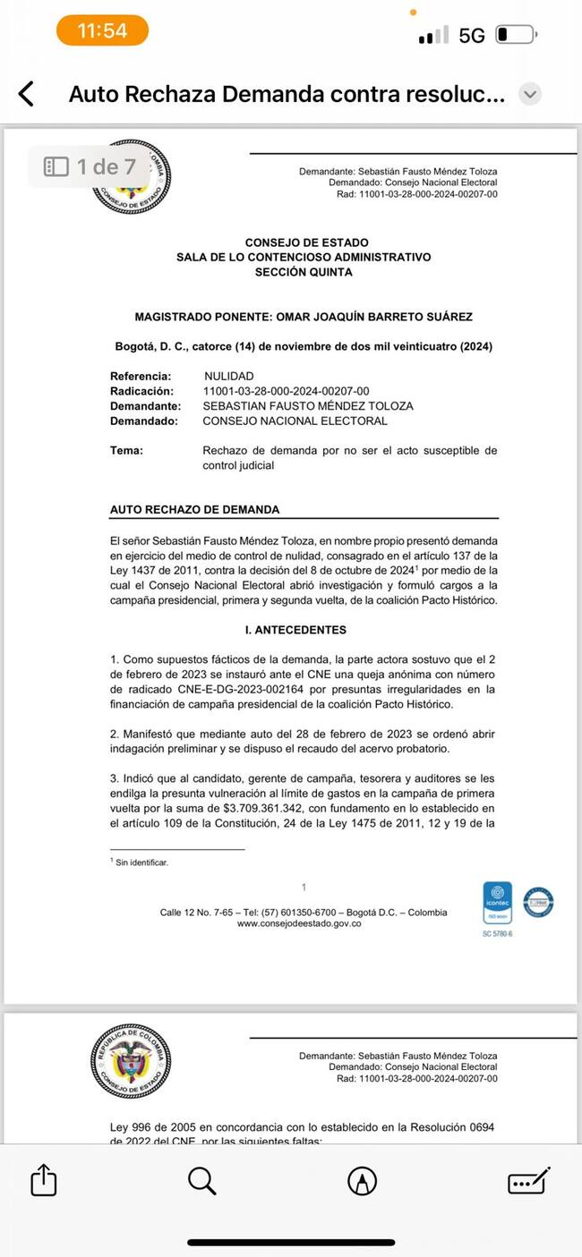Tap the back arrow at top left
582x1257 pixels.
27,94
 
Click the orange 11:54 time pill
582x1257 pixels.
102,30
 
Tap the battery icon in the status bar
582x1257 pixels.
515,35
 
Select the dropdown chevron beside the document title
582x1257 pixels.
530,94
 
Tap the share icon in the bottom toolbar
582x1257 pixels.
44,1181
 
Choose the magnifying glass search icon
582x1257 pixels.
202,1181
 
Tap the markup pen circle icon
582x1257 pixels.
362,1181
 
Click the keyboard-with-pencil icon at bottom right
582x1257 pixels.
528,1181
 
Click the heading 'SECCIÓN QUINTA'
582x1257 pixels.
304,272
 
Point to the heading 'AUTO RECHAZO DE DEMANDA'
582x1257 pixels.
194,509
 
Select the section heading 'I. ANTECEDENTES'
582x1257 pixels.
301,630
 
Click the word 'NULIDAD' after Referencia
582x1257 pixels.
228,377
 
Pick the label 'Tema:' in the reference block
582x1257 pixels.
126,451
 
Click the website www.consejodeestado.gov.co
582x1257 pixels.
299,923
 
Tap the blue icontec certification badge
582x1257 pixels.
497,903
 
